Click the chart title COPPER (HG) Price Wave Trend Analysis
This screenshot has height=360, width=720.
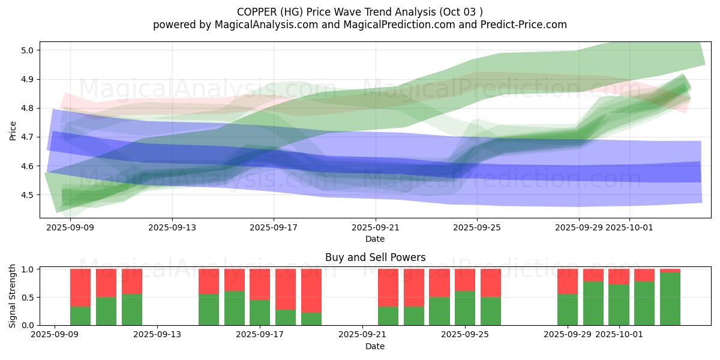tap(359, 12)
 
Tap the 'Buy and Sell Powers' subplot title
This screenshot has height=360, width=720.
tap(375, 257)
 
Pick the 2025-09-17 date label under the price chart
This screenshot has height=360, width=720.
tap(274, 227)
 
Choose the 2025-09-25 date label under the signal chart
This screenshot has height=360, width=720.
tap(465, 334)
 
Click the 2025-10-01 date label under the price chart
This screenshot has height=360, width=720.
tap(630, 227)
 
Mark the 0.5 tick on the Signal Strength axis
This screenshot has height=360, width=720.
tap(28, 298)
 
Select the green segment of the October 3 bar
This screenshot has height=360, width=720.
tap(670, 299)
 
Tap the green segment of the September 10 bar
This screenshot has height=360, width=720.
tap(80, 316)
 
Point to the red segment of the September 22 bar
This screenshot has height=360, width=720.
tap(388, 287)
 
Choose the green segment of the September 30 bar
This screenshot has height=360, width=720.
tap(593, 304)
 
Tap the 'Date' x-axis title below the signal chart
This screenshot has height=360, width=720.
tap(375, 346)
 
